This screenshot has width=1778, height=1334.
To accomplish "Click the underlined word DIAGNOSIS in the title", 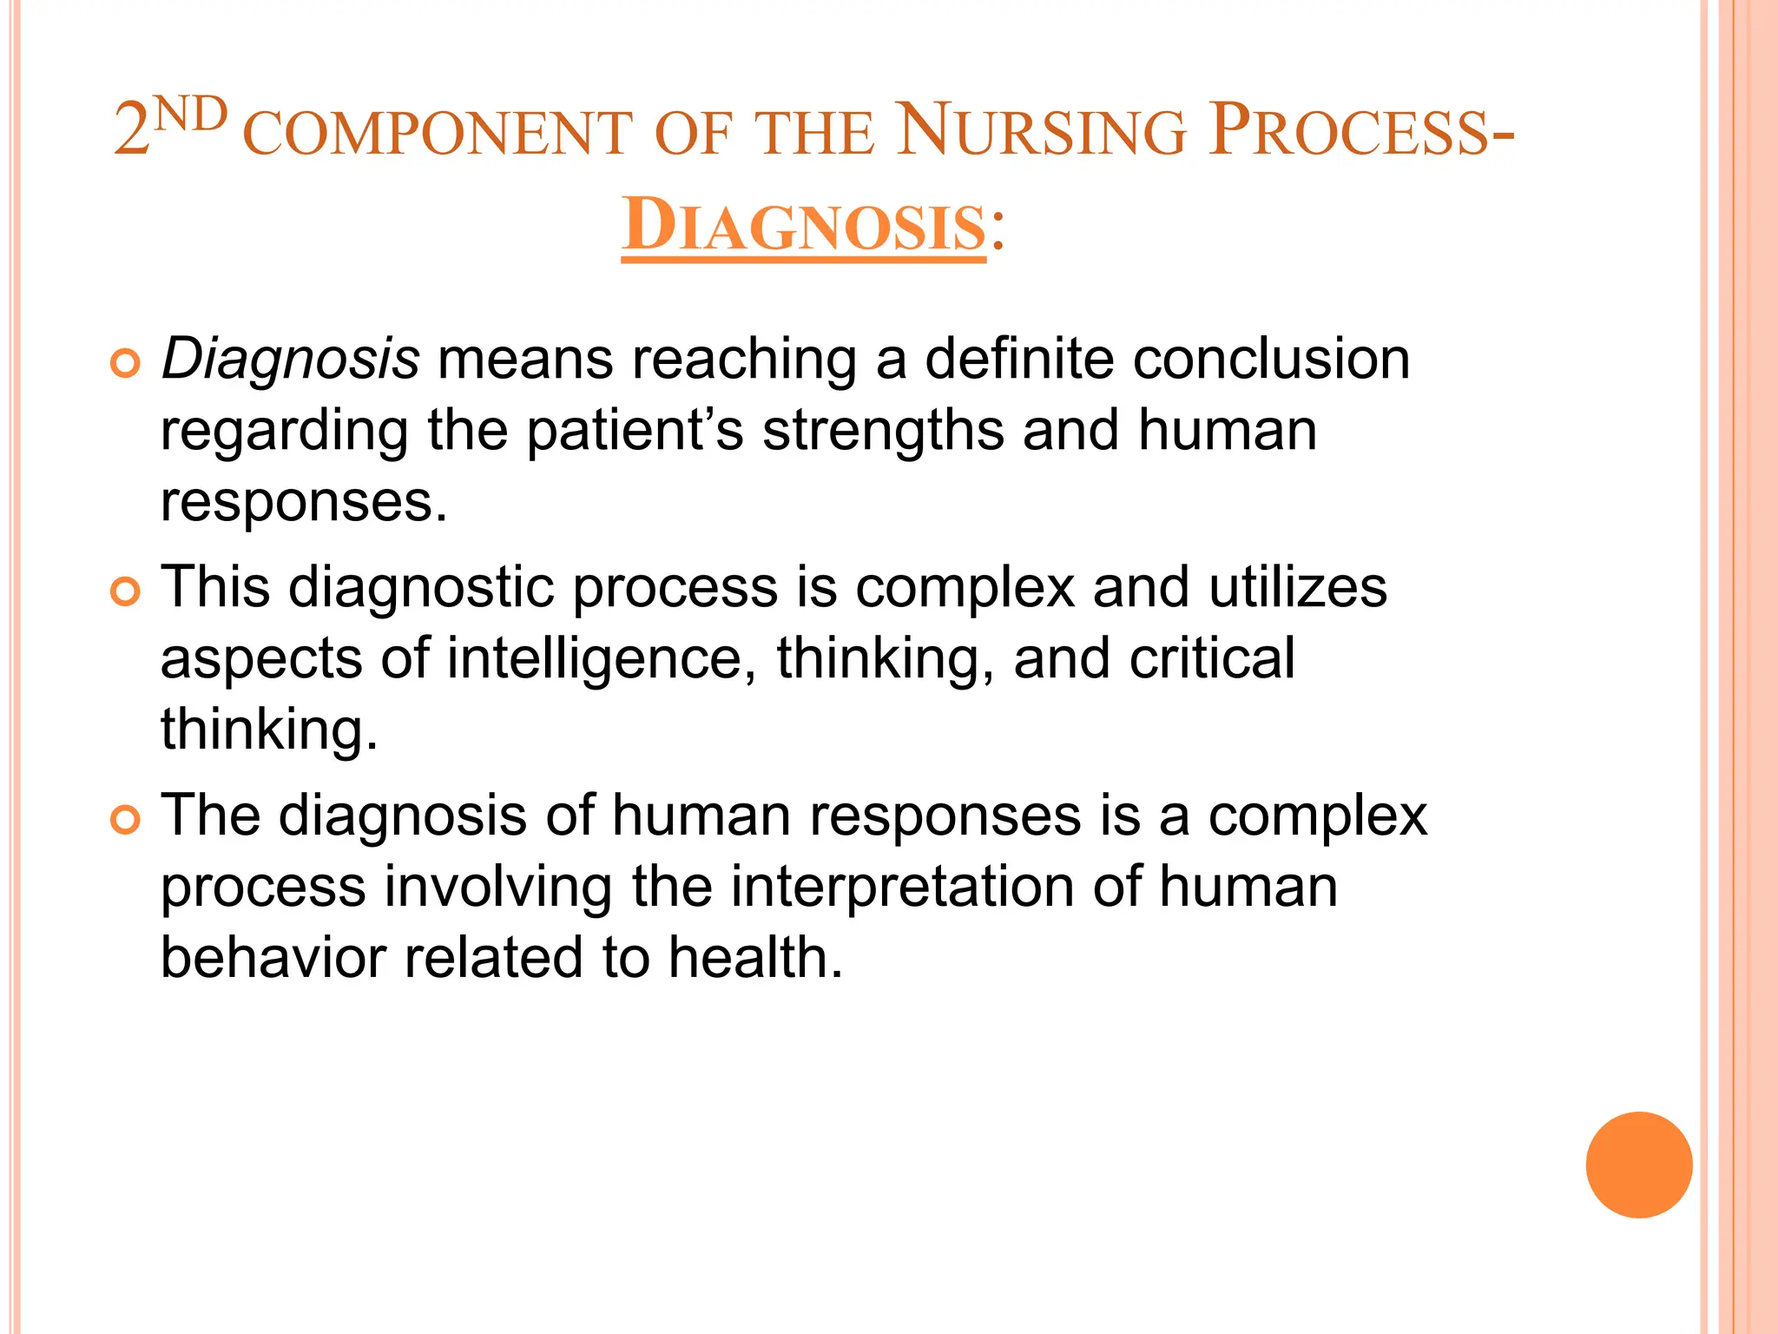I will pos(803,226).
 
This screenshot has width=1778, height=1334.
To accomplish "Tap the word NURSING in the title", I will pos(1040,132).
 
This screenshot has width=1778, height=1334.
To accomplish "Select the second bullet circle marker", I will pos(126,592).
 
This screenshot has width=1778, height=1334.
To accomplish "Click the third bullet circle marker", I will pos(126,820).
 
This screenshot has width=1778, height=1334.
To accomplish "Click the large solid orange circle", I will pos(1638,1165).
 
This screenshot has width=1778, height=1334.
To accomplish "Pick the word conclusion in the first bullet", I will pos(1263,359).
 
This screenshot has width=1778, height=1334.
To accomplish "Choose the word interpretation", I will pos(902,888).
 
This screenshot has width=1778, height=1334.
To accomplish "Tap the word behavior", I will pos(273,957).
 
